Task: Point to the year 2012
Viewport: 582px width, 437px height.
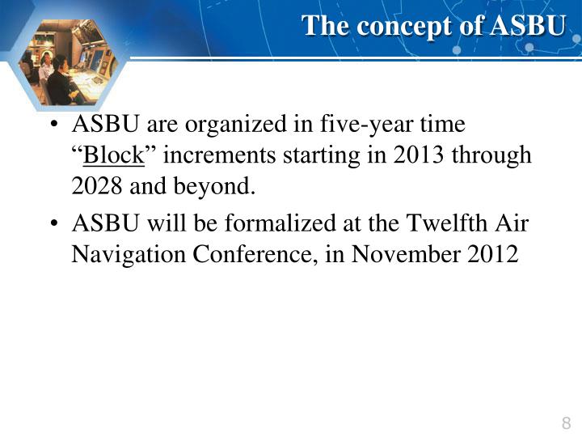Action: pyautogui.click(x=492, y=253)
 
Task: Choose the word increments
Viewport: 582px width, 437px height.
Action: pyautogui.click(x=213, y=155)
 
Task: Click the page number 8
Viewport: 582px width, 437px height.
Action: pyautogui.click(x=565, y=422)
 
